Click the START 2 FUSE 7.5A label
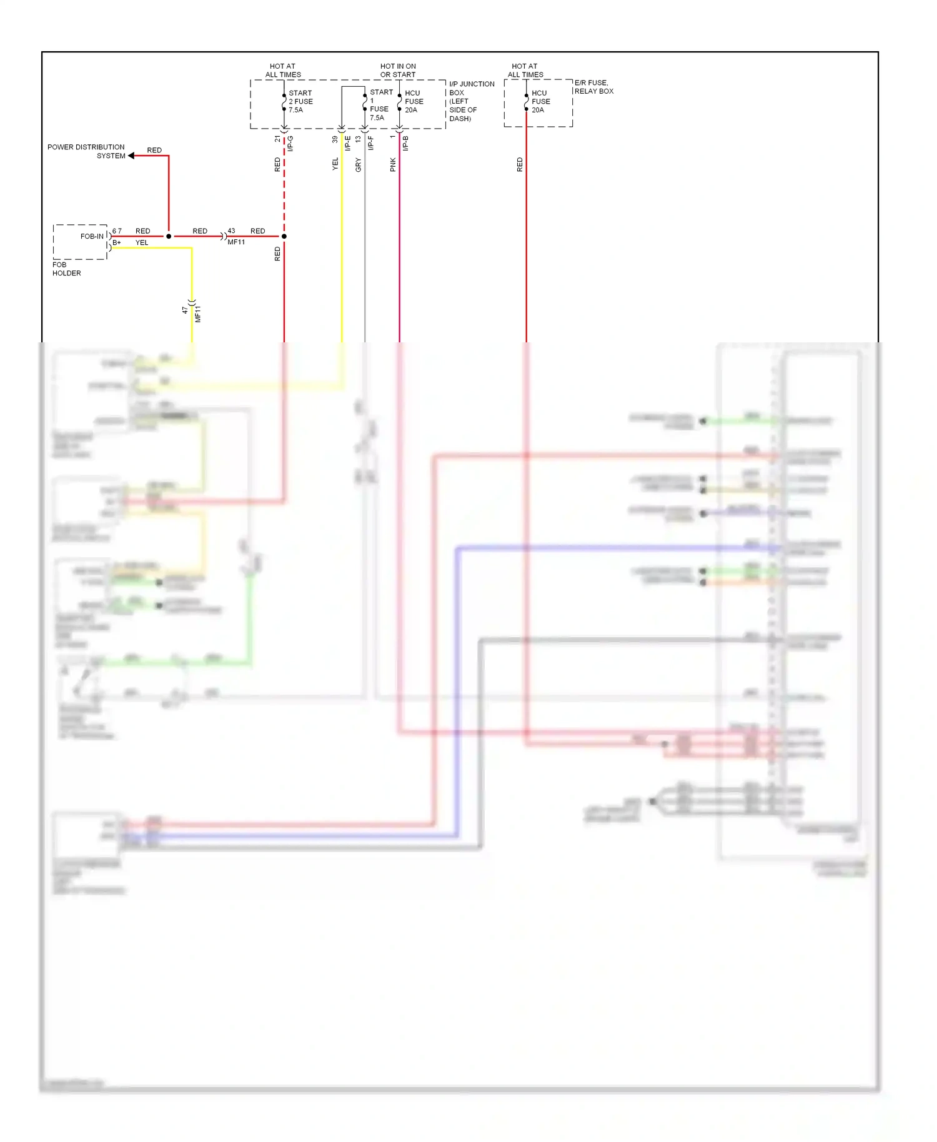[300, 101]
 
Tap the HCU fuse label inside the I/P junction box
[414, 101]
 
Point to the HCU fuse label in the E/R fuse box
[540, 101]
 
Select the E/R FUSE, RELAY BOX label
[593, 87]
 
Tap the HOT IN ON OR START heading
[398, 71]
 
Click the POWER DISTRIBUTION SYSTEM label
[86, 151]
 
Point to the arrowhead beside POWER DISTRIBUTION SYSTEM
[131, 156]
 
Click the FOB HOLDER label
[66, 269]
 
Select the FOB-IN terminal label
[92, 236]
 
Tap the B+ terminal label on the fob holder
[117, 242]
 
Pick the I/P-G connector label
[290, 143]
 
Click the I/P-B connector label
[405, 143]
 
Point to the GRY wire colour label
[358, 165]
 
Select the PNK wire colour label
[393, 165]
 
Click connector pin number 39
[335, 139]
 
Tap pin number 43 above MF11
[231, 231]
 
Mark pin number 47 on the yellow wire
[185, 309]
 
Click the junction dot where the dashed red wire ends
[284, 236]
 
